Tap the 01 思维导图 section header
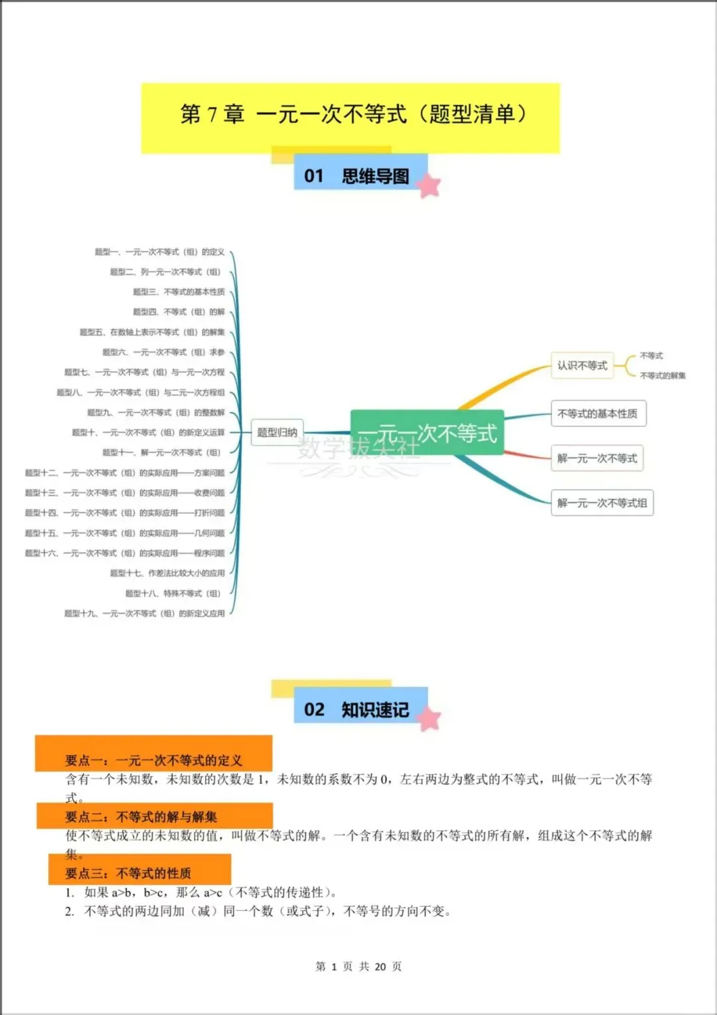click(x=358, y=176)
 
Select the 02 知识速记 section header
click(x=358, y=709)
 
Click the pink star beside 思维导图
click(x=430, y=185)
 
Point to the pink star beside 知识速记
click(x=430, y=719)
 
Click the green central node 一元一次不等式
click(x=427, y=433)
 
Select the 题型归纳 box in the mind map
click(x=277, y=432)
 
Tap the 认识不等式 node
click(x=582, y=365)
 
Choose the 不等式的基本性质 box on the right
click(x=597, y=413)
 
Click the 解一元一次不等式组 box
click(x=601, y=503)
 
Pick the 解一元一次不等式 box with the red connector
click(x=597, y=458)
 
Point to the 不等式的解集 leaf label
click(x=663, y=375)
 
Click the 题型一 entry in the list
click(x=159, y=252)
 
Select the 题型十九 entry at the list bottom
click(x=144, y=613)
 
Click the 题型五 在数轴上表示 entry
click(x=152, y=332)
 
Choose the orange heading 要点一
click(x=153, y=760)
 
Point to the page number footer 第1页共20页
click(x=358, y=967)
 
